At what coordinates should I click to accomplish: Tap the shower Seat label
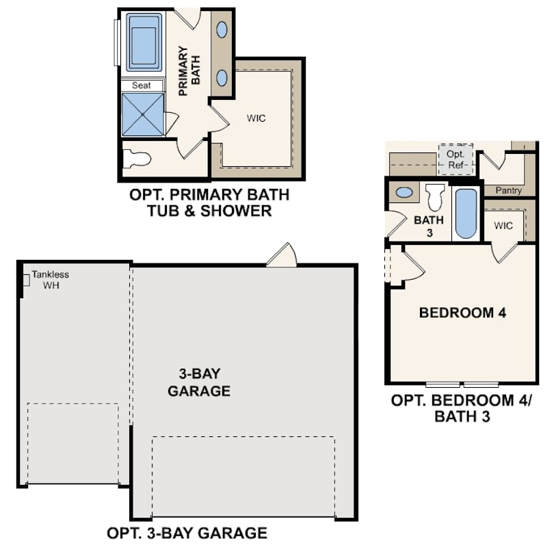click(142, 85)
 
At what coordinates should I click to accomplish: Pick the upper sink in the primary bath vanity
click(223, 29)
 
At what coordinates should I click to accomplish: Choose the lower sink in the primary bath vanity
click(223, 77)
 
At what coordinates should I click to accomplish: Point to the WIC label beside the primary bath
click(256, 118)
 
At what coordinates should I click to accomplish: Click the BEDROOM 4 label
click(462, 313)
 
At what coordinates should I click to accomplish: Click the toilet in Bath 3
click(434, 198)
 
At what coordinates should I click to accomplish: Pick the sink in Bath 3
click(404, 192)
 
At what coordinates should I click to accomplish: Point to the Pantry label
click(508, 190)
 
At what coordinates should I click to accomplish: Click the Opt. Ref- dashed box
click(455, 159)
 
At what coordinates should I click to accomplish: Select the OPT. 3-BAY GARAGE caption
click(187, 532)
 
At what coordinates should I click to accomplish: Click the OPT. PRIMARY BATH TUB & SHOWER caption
click(209, 202)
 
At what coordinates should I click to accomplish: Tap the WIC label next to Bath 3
click(503, 225)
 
